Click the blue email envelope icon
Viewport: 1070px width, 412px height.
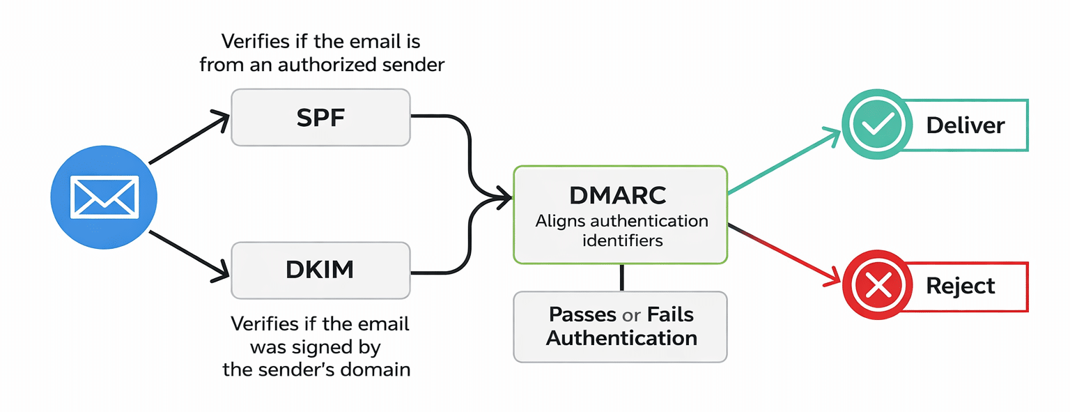coord(104,197)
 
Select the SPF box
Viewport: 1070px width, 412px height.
coord(320,117)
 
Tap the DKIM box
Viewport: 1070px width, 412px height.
coord(320,270)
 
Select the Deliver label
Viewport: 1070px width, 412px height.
coord(965,125)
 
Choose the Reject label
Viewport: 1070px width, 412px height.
coord(960,286)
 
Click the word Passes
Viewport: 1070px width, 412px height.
coord(582,314)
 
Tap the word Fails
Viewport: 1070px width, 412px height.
coord(670,314)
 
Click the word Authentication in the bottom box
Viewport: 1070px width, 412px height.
coord(621,338)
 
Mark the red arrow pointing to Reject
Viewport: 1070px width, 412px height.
coord(784,254)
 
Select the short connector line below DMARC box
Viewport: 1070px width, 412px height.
coord(621,277)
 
